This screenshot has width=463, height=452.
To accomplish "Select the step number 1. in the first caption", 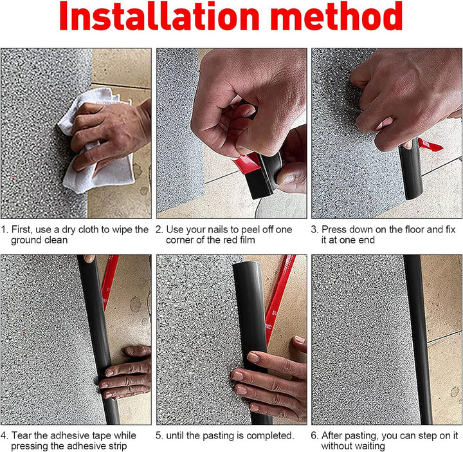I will (5, 229).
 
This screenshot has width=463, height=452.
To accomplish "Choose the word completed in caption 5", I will (271, 436).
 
